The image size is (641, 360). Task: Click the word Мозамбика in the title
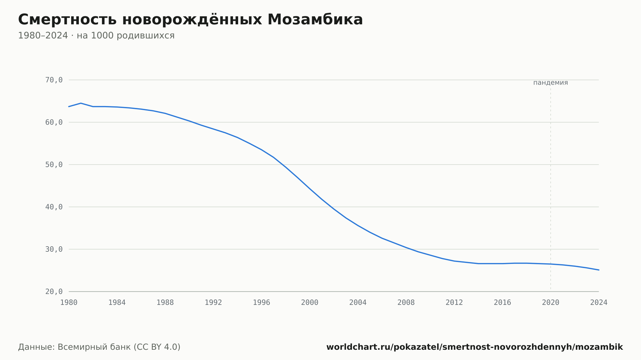pyautogui.click(x=315, y=20)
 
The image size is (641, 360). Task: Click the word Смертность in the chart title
pyautogui.click(x=67, y=20)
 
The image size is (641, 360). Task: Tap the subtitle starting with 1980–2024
pyautogui.click(x=96, y=36)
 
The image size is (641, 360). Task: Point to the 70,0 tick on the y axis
pyautogui.click(x=54, y=80)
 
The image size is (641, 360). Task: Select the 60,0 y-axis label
pyautogui.click(x=54, y=122)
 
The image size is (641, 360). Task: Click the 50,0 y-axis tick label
pyautogui.click(x=54, y=165)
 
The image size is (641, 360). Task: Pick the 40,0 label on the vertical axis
pyautogui.click(x=54, y=207)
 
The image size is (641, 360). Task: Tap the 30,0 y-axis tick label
pyautogui.click(x=54, y=249)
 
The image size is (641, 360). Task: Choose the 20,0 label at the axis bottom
pyautogui.click(x=54, y=291)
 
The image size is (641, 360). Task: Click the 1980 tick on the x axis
pyautogui.click(x=69, y=303)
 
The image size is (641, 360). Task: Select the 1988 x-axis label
pyautogui.click(x=165, y=303)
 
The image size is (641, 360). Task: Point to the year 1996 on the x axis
pyautogui.click(x=262, y=303)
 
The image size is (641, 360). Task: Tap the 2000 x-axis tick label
pyautogui.click(x=310, y=303)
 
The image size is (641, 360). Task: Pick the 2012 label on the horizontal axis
pyautogui.click(x=454, y=303)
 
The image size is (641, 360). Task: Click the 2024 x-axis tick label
pyautogui.click(x=599, y=303)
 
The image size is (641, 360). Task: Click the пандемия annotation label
pyautogui.click(x=551, y=83)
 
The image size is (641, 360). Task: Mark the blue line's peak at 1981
pyautogui.click(x=81, y=103)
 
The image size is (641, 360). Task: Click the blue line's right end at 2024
pyautogui.click(x=599, y=270)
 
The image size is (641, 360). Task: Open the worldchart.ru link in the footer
pyautogui.click(x=475, y=347)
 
